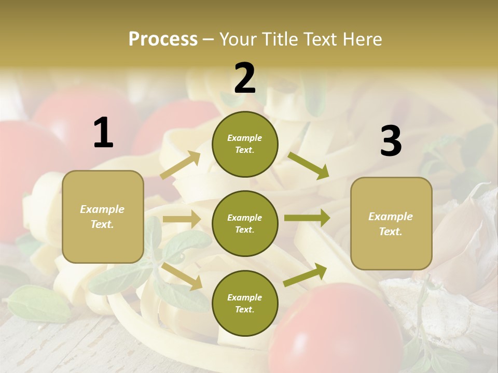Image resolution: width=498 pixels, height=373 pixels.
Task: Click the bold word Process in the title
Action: (x=163, y=39)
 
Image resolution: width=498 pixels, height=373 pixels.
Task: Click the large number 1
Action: (x=103, y=133)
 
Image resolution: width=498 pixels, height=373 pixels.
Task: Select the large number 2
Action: (x=245, y=78)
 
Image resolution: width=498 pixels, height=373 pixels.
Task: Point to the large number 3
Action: (x=391, y=141)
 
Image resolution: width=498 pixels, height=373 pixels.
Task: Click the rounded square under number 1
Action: (x=103, y=217)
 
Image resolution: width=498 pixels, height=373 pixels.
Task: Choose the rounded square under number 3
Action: (x=391, y=223)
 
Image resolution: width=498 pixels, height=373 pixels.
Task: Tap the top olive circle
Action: (x=245, y=144)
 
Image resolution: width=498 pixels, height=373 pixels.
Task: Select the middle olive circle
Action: (x=245, y=223)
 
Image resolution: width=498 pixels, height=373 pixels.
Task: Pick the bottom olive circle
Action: (x=245, y=303)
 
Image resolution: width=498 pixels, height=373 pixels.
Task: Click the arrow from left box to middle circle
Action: (x=182, y=220)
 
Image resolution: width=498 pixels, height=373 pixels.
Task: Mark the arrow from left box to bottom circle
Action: (x=182, y=276)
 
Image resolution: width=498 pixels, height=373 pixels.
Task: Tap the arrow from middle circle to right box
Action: (x=307, y=218)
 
